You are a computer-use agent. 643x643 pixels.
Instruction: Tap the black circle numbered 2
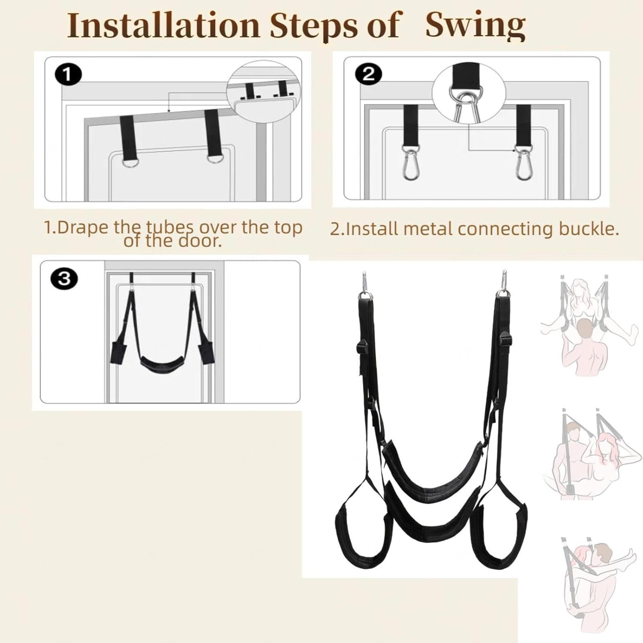point(369,75)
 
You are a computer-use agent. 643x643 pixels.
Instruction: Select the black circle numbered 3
point(64,279)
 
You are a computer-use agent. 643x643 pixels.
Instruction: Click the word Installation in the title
point(164,26)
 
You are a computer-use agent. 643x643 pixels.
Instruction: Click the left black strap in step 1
point(127,138)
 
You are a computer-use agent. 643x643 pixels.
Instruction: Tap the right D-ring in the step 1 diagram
point(214,159)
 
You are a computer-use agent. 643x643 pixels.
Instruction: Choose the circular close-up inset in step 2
point(469,93)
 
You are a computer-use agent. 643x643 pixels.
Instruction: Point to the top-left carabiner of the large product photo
point(364,283)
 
